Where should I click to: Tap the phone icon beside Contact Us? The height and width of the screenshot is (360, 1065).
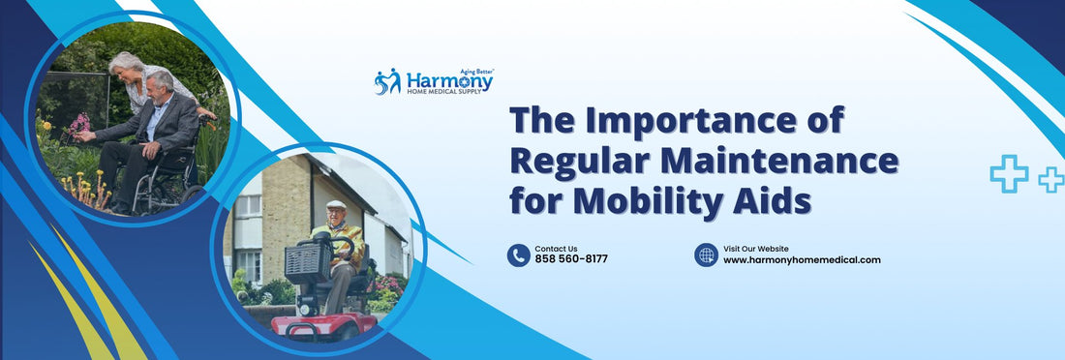tap(519, 255)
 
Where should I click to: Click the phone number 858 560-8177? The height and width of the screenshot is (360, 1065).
tap(571, 259)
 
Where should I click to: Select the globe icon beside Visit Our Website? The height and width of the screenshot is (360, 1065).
tap(707, 255)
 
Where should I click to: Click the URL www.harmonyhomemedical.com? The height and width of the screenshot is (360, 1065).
tap(802, 259)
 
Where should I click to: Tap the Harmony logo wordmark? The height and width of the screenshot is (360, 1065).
tap(449, 80)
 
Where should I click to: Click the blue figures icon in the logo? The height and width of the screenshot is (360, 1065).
tap(387, 81)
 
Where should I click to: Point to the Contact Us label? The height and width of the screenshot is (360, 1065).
tap(556, 249)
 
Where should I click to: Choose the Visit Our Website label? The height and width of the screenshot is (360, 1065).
tap(756, 249)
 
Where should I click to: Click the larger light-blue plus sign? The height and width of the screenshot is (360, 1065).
tap(1009, 173)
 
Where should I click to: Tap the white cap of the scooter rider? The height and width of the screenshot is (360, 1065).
tap(335, 204)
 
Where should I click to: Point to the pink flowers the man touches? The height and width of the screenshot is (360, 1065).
tap(80, 123)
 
